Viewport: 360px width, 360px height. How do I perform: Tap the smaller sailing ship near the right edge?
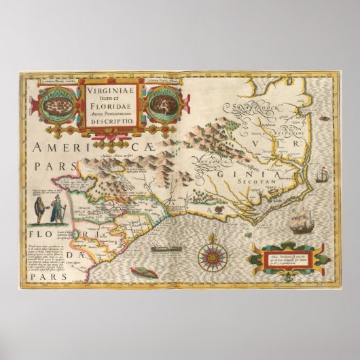pyautogui.click(x=322, y=175)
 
